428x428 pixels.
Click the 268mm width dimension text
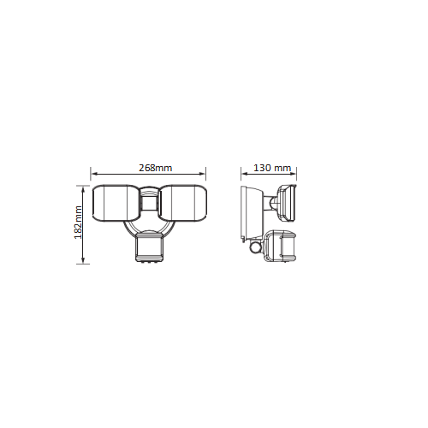156,168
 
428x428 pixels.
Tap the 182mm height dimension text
78,223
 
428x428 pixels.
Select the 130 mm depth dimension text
272,168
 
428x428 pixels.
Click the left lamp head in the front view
115,203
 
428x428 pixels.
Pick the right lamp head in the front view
182,203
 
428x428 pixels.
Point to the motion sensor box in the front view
150,247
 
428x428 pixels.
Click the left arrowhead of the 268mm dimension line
92,174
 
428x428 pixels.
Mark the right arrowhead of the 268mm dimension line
203,174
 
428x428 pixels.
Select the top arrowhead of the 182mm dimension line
83,189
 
